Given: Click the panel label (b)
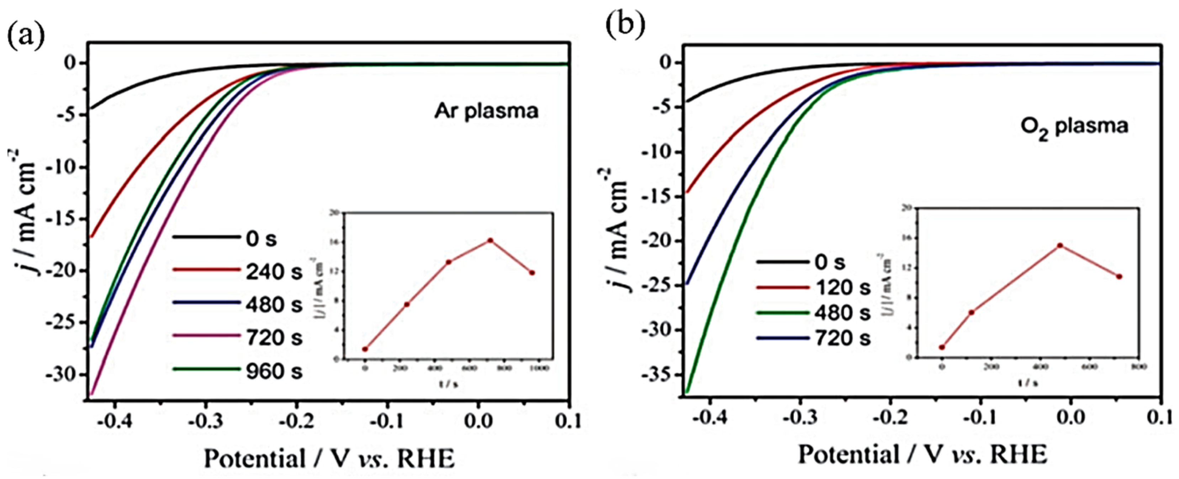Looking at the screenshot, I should click(x=625, y=26).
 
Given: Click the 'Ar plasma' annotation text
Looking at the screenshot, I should click(x=486, y=111).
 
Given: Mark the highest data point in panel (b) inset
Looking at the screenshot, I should click(x=1059, y=246).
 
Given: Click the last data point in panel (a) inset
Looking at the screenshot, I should click(x=532, y=273).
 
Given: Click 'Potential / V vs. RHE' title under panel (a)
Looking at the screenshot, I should click(x=329, y=458).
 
